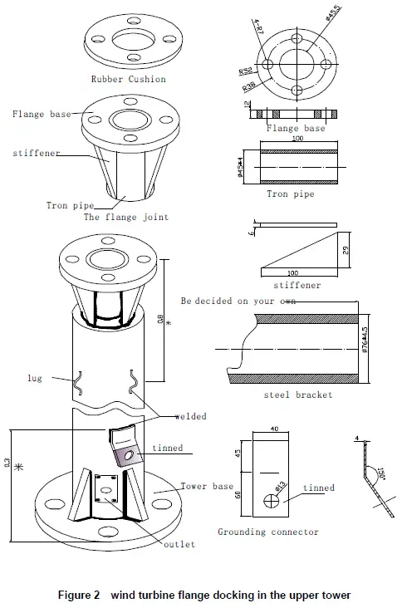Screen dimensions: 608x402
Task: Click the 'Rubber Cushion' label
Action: coord(128,80)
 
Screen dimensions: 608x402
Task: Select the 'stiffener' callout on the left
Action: coord(36,154)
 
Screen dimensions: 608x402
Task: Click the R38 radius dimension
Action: coord(250,85)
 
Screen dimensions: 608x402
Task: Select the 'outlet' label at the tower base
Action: coord(179,544)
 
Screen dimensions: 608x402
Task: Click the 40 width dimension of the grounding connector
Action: coord(273,429)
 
